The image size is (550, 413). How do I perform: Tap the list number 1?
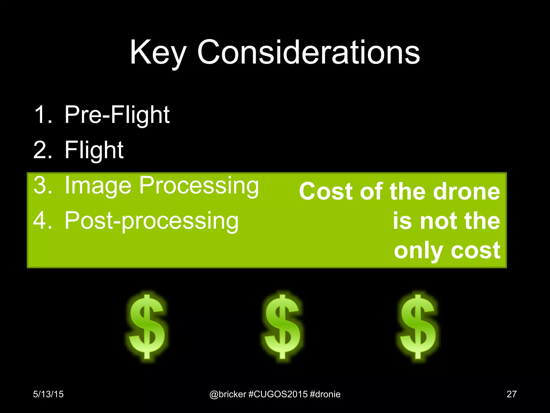(x=42, y=115)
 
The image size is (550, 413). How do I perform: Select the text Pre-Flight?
(x=117, y=115)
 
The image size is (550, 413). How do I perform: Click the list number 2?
(x=42, y=150)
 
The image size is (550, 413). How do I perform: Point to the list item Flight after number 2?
(x=94, y=150)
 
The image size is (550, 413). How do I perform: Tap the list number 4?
(x=42, y=220)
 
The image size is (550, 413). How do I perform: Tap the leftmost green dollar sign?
(x=147, y=327)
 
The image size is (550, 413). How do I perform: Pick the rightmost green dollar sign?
(x=418, y=327)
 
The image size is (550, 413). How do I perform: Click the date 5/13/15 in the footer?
(x=48, y=394)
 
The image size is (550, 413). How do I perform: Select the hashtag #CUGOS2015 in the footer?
(x=278, y=394)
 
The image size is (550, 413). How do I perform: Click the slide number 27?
(x=511, y=394)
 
